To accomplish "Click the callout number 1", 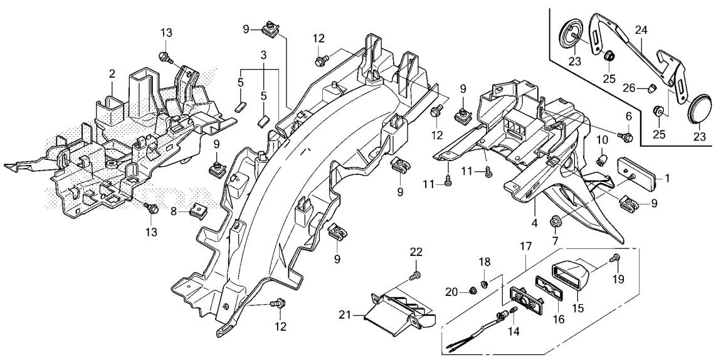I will click(x=668, y=177).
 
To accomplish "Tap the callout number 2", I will click(x=112, y=74).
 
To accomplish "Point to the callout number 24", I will click(x=641, y=29).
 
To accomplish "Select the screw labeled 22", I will click(x=414, y=275).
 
